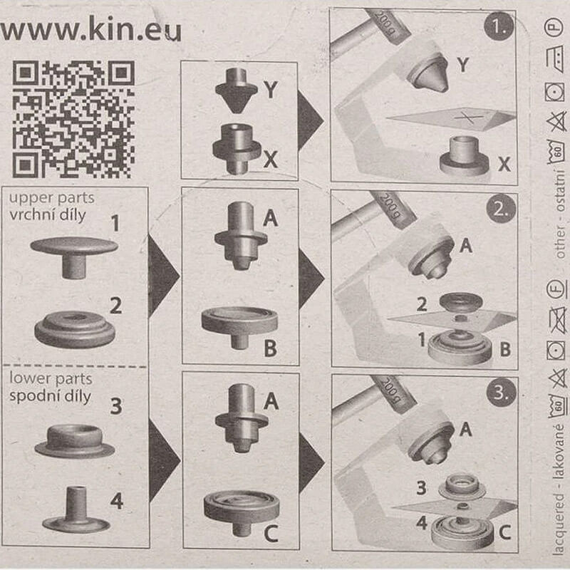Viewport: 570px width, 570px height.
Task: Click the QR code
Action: click(73, 119)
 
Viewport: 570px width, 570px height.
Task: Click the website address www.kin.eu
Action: click(91, 28)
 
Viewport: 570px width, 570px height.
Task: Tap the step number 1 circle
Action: click(499, 26)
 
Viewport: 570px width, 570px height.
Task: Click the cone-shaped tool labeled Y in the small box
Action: click(237, 90)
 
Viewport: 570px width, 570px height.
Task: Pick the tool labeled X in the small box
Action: click(237, 149)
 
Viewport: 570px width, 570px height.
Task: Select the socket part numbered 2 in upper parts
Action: click(75, 328)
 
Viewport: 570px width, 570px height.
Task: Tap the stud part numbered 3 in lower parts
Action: click(75, 440)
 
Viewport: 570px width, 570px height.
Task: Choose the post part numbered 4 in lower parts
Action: click(76, 509)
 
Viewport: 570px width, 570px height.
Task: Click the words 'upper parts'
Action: click(51, 198)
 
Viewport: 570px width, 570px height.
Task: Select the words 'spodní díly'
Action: click(50, 396)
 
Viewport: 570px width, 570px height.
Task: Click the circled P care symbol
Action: click(554, 27)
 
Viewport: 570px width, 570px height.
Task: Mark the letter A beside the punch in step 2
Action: click(466, 246)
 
